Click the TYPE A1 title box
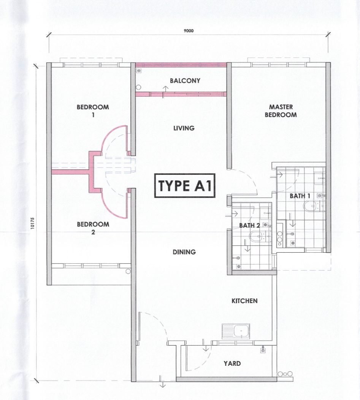pyautogui.click(x=184, y=186)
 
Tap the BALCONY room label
pyautogui.click(x=185, y=81)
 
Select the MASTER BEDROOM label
pyautogui.click(x=281, y=111)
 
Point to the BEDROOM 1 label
pyautogui.click(x=93, y=111)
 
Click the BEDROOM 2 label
pyautogui.click(x=93, y=228)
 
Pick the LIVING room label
pyautogui.click(x=184, y=128)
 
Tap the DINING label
pyautogui.click(x=184, y=252)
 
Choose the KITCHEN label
pyautogui.click(x=244, y=301)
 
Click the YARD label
pyautogui.click(x=232, y=363)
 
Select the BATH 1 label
pyautogui.click(x=297, y=196)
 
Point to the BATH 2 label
pyautogui.click(x=249, y=226)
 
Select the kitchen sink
pyautogui.click(x=236, y=331)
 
